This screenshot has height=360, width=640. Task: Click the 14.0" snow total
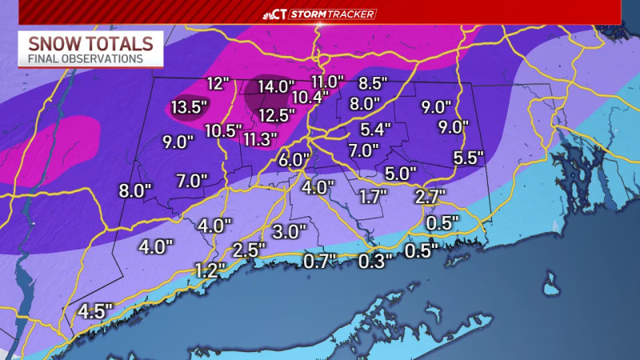click(276, 86)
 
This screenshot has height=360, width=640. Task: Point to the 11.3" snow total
click(260, 139)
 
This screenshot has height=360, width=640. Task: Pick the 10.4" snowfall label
click(310, 97)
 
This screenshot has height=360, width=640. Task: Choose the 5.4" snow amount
click(375, 128)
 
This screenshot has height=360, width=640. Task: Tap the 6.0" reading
click(294, 159)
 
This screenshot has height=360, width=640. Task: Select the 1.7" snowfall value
click(373, 195)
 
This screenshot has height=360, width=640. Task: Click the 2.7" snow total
click(430, 195)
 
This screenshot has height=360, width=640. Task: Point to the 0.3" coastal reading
click(376, 260)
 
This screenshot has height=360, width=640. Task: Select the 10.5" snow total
click(223, 130)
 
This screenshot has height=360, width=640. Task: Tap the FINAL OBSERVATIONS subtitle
click(86, 58)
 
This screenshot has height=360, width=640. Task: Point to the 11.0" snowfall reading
click(328, 82)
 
